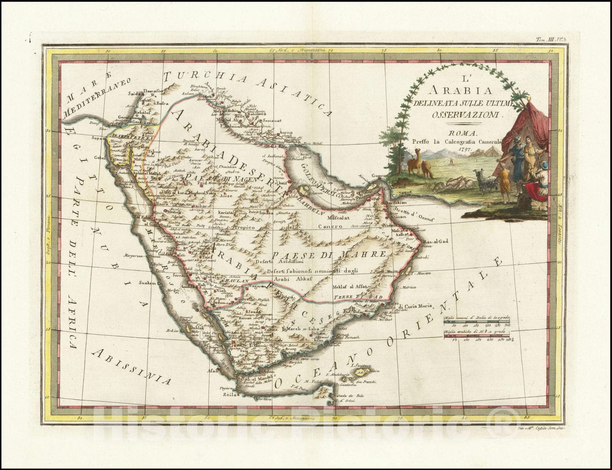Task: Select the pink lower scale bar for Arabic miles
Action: [478, 336]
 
